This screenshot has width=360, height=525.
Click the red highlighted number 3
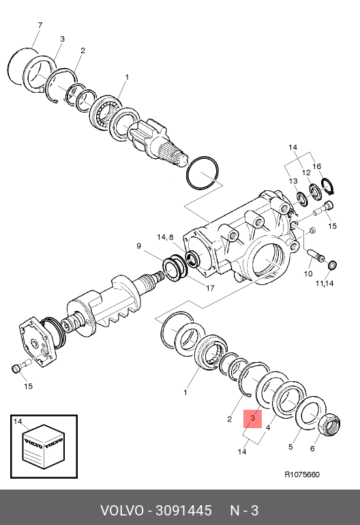(x=252, y=418)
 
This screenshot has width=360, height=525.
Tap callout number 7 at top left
(x=40, y=25)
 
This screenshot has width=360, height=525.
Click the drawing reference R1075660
(x=302, y=475)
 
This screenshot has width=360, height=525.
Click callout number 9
(x=139, y=246)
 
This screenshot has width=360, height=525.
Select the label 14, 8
(x=165, y=237)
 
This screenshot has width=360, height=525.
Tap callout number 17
(x=210, y=288)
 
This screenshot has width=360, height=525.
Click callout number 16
(x=317, y=166)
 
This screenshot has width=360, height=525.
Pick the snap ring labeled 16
(x=329, y=187)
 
